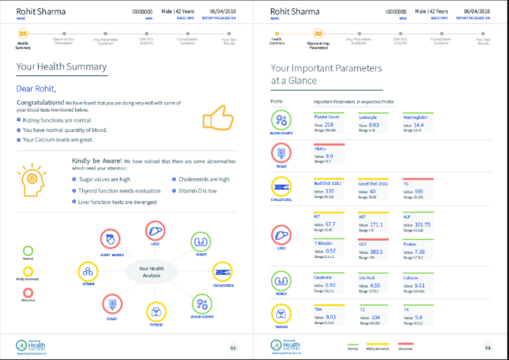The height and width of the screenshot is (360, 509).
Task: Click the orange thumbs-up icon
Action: pyautogui.click(x=217, y=118)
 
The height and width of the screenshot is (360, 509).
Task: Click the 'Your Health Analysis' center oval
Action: pyautogui.click(x=151, y=272)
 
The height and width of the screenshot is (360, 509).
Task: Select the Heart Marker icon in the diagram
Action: pyautogui.click(x=109, y=240)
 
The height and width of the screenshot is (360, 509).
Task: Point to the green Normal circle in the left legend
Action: pyautogui.click(x=28, y=251)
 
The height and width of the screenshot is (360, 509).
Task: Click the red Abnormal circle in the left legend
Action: pyautogui.click(x=28, y=292)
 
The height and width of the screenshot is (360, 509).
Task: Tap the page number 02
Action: pyautogui.click(x=233, y=347)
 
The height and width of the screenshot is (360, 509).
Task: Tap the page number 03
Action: pyautogui.click(x=488, y=347)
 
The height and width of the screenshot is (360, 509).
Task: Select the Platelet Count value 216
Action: pyautogui.click(x=329, y=125)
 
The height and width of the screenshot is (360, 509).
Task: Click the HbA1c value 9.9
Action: pyautogui.click(x=329, y=156)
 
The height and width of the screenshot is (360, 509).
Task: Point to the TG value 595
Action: pyautogui.click(x=419, y=191)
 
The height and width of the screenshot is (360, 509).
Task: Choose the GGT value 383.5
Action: pyautogui.click(x=376, y=251)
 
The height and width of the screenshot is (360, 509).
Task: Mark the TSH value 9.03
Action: pyautogui.click(x=329, y=317)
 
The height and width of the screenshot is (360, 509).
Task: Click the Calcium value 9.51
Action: pyautogui.click(x=420, y=285)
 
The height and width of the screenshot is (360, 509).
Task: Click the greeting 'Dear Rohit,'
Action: pyautogui.click(x=36, y=89)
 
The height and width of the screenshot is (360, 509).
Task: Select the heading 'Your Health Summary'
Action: pyautogui.click(x=61, y=66)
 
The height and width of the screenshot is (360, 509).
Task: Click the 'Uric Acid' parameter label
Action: pyautogui.click(x=367, y=277)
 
